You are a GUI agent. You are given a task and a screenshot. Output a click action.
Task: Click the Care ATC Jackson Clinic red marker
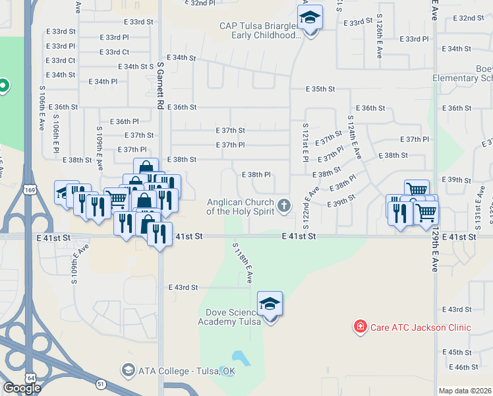click(360, 326)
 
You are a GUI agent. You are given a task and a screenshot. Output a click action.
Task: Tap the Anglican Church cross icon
click(285, 205)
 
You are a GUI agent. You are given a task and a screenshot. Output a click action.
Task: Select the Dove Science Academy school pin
click(270, 305)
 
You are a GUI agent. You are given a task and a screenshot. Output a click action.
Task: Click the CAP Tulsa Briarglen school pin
click(309, 18)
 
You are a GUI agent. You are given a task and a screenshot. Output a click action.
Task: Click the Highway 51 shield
click(100, 383)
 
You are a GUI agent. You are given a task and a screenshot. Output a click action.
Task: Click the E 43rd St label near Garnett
click(183, 287)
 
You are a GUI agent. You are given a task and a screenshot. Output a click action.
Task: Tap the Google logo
click(22, 388)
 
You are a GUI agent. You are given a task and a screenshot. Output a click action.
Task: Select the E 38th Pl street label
click(257, 174)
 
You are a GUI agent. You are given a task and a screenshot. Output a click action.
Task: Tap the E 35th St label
click(321, 89)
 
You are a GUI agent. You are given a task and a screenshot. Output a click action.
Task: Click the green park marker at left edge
click(3, 85)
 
